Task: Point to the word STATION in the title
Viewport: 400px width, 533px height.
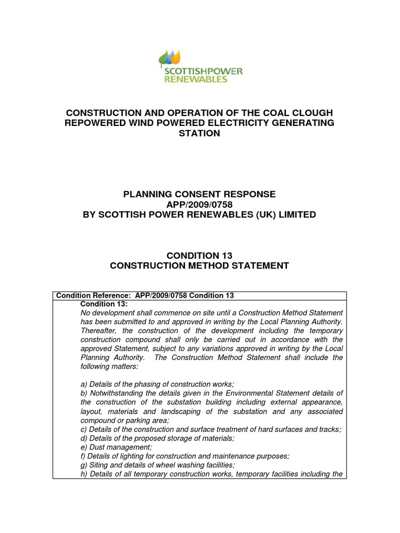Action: pyautogui.click(x=200, y=133)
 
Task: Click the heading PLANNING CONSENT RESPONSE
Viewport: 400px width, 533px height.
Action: pyautogui.click(x=199, y=194)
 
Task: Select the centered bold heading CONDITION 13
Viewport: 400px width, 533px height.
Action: pyautogui.click(x=199, y=255)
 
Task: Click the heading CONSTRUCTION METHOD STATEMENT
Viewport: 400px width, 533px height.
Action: pyautogui.click(x=199, y=265)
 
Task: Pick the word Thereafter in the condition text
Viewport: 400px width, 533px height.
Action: pyautogui.click(x=100, y=331)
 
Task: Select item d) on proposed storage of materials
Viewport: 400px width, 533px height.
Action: pyautogui.click(x=154, y=438)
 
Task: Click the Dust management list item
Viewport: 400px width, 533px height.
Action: pyautogui.click(x=116, y=447)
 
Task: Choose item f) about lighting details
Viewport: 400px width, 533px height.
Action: pyautogui.click(x=185, y=455)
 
